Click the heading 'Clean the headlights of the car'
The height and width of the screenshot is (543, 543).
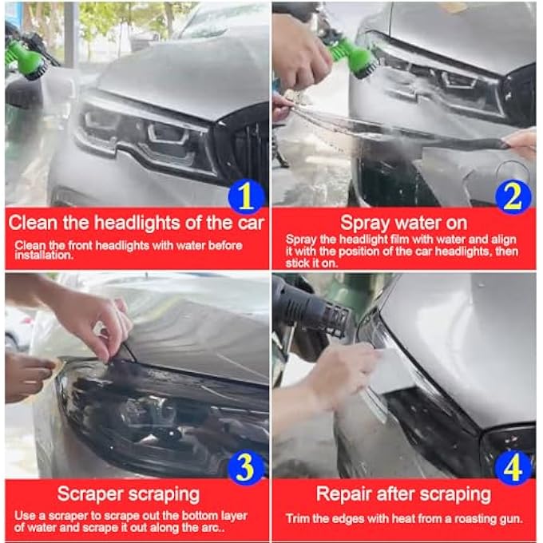[137, 221]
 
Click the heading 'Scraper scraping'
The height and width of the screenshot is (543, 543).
[129, 493]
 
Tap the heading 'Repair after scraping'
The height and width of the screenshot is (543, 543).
[403, 493]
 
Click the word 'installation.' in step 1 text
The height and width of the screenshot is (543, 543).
[41, 257]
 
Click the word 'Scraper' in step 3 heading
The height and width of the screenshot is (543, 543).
[89, 493]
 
